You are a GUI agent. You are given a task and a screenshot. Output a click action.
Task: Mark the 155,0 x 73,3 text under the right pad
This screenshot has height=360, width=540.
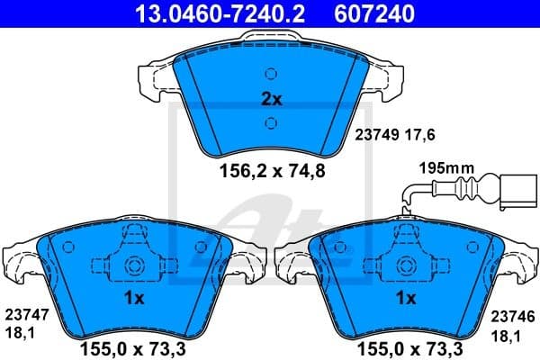406,346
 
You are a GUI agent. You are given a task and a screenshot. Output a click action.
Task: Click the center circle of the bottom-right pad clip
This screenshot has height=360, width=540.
405,266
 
